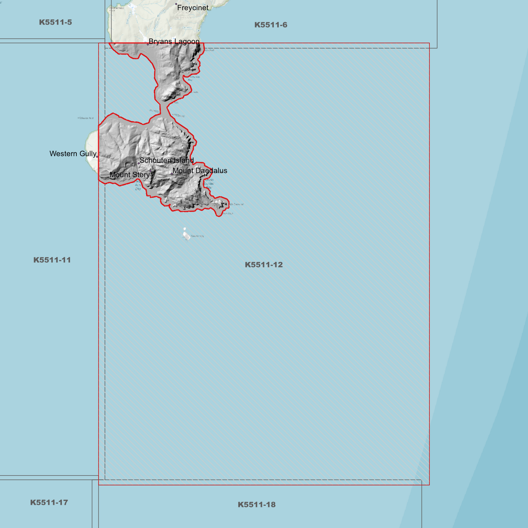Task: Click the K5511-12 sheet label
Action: click(263, 265)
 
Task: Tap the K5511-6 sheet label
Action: click(271, 25)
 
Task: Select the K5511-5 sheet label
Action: click(56, 22)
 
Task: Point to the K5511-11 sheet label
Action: click(52, 260)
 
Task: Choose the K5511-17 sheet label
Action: click(49, 502)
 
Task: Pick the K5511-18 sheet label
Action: click(257, 505)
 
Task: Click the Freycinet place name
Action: click(193, 8)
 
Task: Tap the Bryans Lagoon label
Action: click(174, 41)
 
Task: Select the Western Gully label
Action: click(73, 154)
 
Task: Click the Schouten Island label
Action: click(167, 160)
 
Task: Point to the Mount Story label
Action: click(130, 175)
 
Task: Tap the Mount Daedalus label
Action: click(200, 171)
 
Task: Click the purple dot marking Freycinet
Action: click(176, 4)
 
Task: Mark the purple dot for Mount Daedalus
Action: click(172, 174)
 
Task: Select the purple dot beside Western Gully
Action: click(97, 157)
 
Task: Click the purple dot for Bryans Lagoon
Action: click(148, 44)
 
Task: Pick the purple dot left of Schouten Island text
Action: click(138, 163)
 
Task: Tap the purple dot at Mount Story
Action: click(151, 171)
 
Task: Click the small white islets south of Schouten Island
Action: click(186, 235)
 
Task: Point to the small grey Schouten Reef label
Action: click(86, 118)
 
